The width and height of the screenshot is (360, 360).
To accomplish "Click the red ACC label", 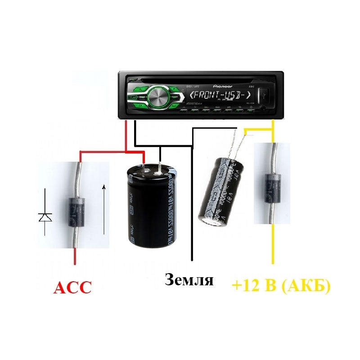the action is [x=72, y=287].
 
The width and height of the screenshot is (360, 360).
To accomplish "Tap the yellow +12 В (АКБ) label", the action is [x=281, y=286].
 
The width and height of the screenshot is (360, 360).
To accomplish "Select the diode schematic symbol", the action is [x=45, y=217].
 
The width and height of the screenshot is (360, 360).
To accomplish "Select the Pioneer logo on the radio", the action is [x=223, y=85].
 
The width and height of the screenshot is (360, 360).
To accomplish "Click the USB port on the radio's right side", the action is [x=263, y=95].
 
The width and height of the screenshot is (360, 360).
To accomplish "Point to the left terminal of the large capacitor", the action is [x=144, y=169].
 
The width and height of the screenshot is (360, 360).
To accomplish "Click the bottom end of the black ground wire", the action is [x=192, y=259].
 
